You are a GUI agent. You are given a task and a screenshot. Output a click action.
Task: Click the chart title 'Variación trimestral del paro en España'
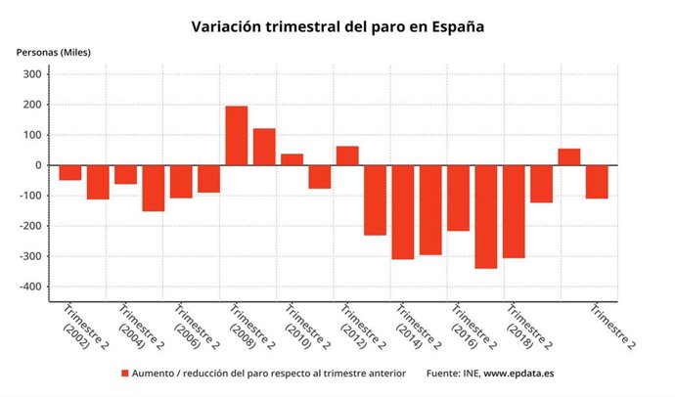pos(337,26)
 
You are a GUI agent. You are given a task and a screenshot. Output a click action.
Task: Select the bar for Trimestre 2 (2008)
pos(237,136)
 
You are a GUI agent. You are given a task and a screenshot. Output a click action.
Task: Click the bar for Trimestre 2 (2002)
pos(69,173)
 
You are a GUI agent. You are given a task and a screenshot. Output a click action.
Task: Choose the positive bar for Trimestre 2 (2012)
pos(347,155)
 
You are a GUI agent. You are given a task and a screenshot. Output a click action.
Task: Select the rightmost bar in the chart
pos(597,182)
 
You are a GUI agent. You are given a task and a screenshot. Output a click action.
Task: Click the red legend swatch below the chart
pos(124,374)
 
